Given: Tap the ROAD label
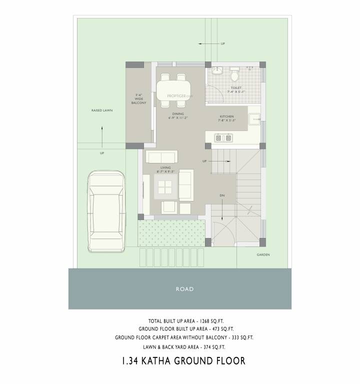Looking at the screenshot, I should (x=184, y=289).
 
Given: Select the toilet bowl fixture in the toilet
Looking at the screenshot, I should (x=234, y=75).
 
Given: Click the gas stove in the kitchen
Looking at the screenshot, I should (x=223, y=136).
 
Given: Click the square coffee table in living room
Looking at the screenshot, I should (x=166, y=188).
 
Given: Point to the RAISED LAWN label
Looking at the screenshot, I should (x=101, y=110).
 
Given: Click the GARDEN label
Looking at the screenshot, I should (x=263, y=255).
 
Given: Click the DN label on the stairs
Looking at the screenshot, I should (x=222, y=195).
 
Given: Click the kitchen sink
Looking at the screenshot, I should (x=255, y=119).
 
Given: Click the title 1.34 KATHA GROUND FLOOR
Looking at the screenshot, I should (x=183, y=360).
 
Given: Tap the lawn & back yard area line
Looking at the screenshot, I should (x=184, y=346).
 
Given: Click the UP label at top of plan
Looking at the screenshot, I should (x=222, y=44).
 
